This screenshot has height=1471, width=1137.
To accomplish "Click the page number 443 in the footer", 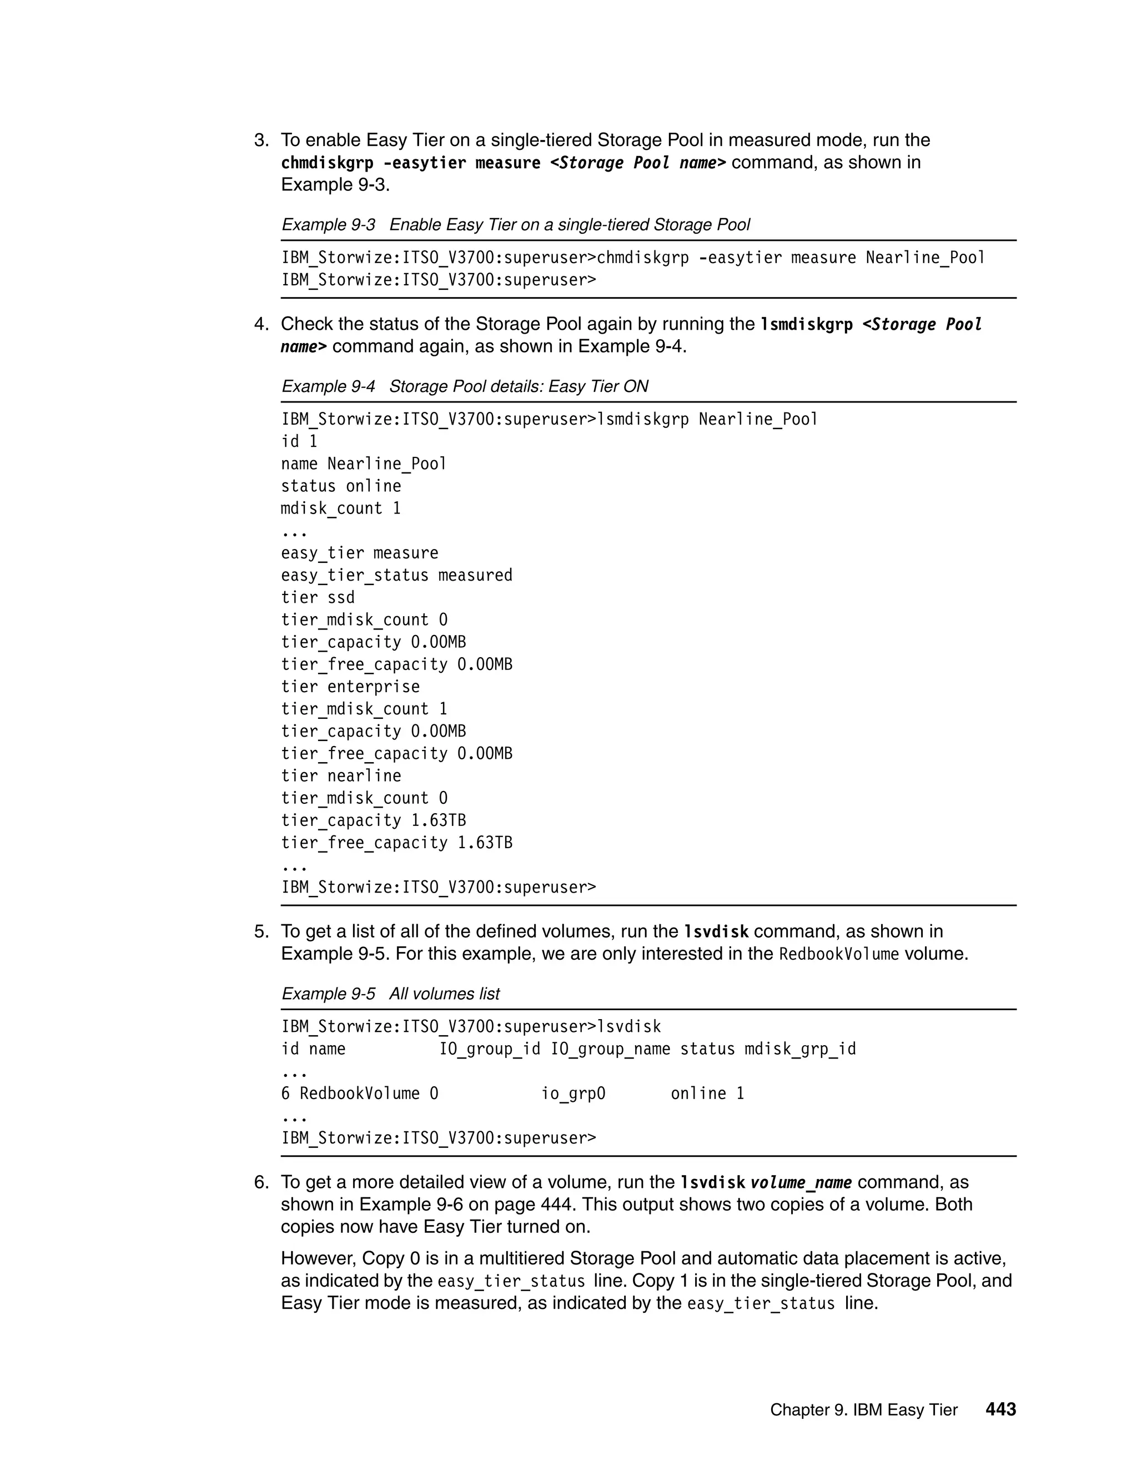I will [x=1000, y=1409].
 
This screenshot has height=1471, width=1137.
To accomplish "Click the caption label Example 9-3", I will [x=328, y=224].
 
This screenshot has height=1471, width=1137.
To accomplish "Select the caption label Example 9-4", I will [x=328, y=386].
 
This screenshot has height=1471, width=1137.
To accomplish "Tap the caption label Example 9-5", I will [x=328, y=994].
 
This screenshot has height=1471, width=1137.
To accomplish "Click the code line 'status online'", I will [x=341, y=486].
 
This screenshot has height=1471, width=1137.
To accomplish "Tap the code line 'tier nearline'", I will [x=341, y=775].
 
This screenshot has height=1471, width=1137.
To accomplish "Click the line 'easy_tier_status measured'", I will [x=397, y=575].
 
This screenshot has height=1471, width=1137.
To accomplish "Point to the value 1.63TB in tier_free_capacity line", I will [x=485, y=843].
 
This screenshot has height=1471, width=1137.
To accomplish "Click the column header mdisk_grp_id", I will [x=800, y=1049].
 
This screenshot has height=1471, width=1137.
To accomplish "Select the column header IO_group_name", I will [x=610, y=1049].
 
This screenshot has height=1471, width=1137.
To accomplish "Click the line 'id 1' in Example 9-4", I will [x=299, y=441].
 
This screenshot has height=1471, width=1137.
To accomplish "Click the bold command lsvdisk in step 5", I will [x=716, y=931].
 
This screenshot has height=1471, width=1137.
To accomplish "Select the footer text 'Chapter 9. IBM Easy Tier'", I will [x=863, y=1410].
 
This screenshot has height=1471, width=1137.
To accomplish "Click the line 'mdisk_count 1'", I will [x=341, y=508].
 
